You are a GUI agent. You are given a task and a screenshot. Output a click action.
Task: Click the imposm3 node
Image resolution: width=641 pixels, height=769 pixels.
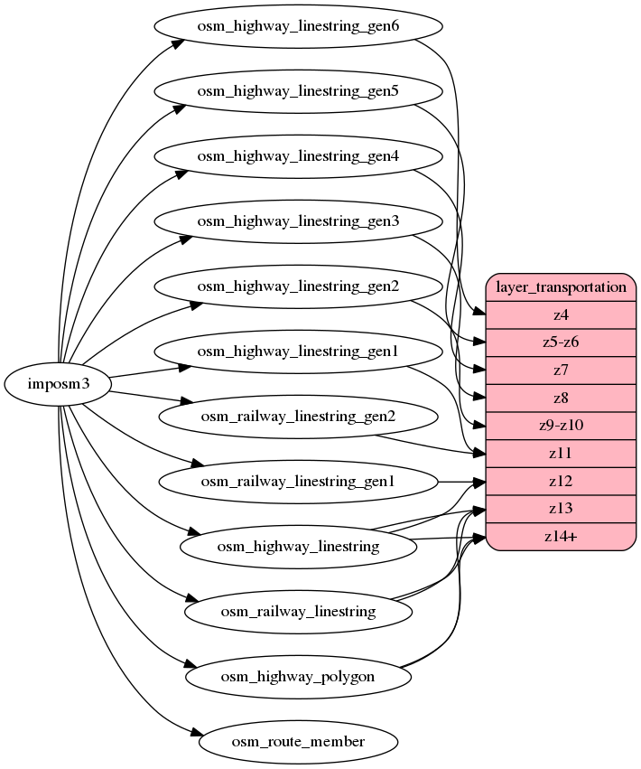(x=58, y=384)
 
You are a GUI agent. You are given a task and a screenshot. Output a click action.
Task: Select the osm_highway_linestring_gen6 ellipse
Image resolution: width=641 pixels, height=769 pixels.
(x=298, y=26)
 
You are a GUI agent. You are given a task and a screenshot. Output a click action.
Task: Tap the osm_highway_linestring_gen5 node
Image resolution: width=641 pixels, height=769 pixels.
(x=298, y=91)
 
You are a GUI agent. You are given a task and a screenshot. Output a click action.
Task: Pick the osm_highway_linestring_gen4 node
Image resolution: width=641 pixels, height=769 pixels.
(x=298, y=156)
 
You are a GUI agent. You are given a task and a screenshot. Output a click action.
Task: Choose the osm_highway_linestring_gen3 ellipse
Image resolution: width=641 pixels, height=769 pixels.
(x=298, y=221)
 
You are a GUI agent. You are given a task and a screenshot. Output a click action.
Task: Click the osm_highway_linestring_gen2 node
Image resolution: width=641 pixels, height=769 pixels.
(x=298, y=286)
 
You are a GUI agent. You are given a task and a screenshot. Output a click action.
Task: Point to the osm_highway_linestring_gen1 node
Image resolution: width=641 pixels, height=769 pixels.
(x=298, y=352)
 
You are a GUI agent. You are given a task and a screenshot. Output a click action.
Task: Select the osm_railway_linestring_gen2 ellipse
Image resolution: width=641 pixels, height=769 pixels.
(x=298, y=417)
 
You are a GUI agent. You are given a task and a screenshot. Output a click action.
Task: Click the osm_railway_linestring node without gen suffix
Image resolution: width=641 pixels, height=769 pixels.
(x=298, y=612)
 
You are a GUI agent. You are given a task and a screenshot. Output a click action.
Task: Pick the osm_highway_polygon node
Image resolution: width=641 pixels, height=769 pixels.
(x=298, y=677)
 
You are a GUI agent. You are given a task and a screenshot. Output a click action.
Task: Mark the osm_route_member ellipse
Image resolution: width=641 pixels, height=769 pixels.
(x=298, y=742)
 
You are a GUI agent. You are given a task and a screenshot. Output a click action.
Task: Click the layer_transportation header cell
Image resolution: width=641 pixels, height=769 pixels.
(x=562, y=287)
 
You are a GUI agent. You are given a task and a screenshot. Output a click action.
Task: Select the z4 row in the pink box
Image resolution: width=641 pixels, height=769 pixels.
(x=562, y=315)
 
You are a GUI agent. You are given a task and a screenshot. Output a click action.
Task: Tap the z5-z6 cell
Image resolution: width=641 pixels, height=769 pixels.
(x=562, y=342)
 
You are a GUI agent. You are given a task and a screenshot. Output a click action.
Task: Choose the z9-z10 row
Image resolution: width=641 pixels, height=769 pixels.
(x=562, y=426)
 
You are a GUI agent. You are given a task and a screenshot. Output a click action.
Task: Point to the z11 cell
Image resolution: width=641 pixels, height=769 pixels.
(x=562, y=453)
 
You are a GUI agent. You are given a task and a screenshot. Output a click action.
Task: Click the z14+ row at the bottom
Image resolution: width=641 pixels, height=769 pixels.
(x=562, y=536)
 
